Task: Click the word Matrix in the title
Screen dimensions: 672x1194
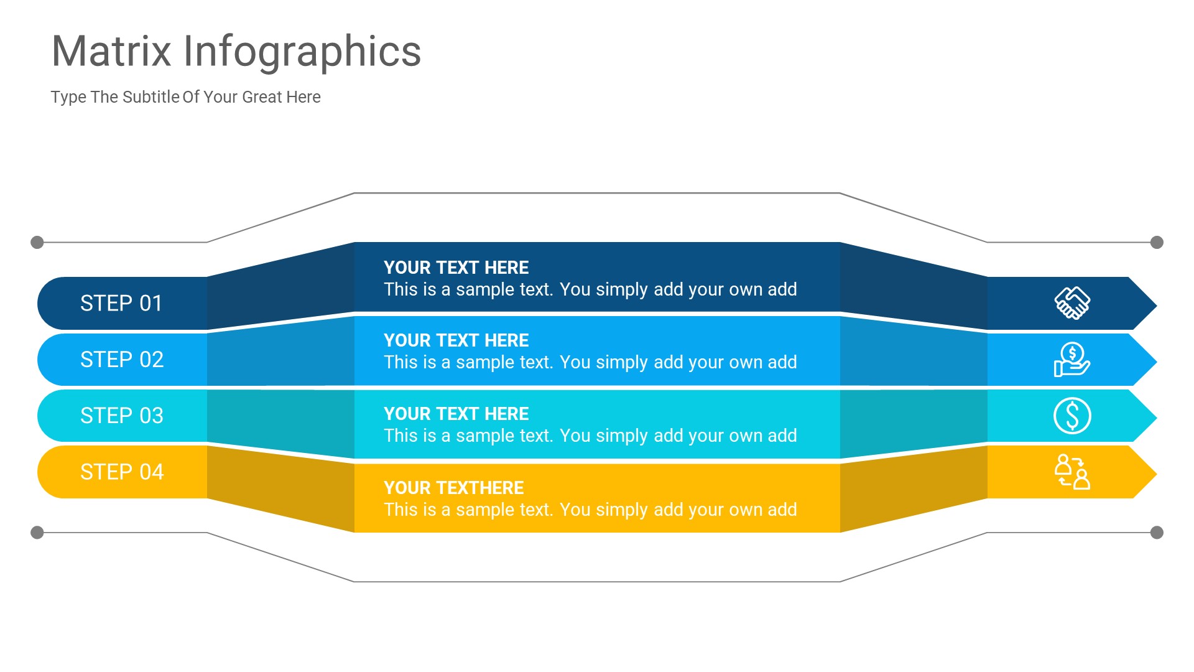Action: [x=111, y=51]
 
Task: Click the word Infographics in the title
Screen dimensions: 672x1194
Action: [x=302, y=52]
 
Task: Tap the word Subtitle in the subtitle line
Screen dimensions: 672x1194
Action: [x=151, y=97]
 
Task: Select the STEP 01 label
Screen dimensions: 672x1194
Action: [x=121, y=303]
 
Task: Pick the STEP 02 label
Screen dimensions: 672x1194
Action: [x=122, y=360]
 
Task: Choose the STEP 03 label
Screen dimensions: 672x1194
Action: [x=122, y=416]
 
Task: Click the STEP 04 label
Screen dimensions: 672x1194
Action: [x=122, y=472]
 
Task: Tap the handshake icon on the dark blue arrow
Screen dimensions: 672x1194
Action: [x=1072, y=303]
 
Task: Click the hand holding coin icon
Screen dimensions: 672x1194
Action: [x=1071, y=360]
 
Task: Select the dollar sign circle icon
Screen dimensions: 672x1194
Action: [x=1072, y=416]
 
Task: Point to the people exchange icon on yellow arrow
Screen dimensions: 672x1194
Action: [x=1072, y=472]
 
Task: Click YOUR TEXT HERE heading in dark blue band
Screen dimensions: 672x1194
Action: [x=456, y=268]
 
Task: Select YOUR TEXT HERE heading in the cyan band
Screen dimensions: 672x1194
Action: [x=456, y=414]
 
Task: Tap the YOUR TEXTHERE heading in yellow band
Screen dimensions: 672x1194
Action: [x=453, y=488]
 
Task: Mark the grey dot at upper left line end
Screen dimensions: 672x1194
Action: [x=37, y=242]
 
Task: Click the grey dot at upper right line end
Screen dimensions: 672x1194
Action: [x=1157, y=242]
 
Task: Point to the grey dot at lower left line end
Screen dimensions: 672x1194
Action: [x=37, y=533]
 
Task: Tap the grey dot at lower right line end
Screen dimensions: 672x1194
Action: [x=1157, y=533]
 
